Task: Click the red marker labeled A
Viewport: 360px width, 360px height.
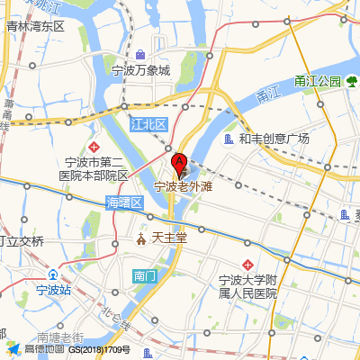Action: click(x=179, y=166)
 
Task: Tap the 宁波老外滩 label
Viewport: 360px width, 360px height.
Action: click(x=183, y=188)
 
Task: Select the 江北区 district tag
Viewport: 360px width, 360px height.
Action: click(x=148, y=122)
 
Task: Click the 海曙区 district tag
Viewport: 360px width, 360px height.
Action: click(x=125, y=202)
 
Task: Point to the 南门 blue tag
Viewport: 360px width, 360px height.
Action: click(x=144, y=274)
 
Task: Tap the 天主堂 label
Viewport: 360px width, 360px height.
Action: click(x=168, y=238)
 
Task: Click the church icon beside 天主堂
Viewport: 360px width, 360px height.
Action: click(x=141, y=239)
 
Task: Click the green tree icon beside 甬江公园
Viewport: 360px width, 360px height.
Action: click(x=352, y=82)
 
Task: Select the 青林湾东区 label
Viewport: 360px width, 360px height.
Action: click(x=35, y=27)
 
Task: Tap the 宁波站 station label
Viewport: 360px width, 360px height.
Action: click(x=53, y=290)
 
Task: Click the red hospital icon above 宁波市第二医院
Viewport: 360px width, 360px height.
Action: click(x=94, y=146)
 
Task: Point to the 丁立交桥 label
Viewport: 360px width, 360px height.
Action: click(x=22, y=241)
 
